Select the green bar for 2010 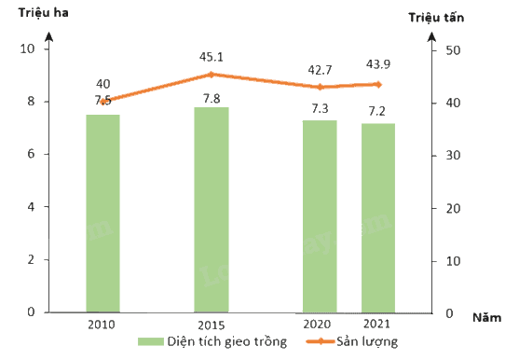click(102, 214)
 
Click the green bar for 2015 click(212, 210)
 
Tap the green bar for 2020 click(320, 216)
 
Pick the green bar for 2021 click(378, 218)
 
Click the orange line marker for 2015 click(212, 75)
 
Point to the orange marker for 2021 click(378, 85)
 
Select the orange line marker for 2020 click(320, 87)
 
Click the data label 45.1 click(212, 57)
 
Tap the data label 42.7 click(320, 70)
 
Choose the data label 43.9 click(378, 64)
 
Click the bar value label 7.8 click(212, 98)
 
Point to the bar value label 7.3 click(320, 108)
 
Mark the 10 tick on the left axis click(27, 48)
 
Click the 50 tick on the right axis click(453, 50)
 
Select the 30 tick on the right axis click(453, 156)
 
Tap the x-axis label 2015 click(212, 325)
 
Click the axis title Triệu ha click(44, 12)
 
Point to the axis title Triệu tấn click(436, 17)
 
